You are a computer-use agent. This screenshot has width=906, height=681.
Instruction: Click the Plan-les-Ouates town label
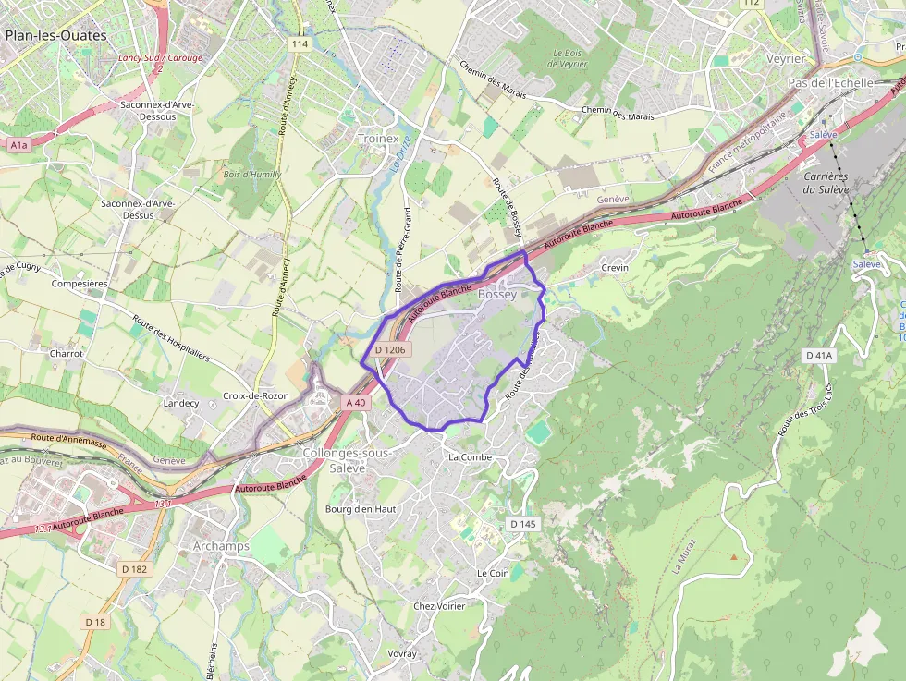[x=55, y=36]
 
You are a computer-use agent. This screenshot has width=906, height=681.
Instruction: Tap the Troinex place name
[x=376, y=138]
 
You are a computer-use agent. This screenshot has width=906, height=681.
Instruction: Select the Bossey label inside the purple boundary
[x=497, y=295]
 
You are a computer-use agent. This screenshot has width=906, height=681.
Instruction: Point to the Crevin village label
[x=615, y=268]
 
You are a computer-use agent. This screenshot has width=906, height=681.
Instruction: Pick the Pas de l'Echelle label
[x=829, y=82]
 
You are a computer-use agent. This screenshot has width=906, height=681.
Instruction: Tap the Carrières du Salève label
[x=826, y=183]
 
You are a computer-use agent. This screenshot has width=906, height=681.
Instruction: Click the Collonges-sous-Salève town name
[x=347, y=460]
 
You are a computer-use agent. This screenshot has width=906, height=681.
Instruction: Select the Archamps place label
[x=221, y=546]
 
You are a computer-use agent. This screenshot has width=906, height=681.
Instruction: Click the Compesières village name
[x=80, y=284]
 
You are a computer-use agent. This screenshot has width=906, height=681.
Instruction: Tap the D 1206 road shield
[x=390, y=350]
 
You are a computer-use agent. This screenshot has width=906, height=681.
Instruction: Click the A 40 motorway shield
[x=356, y=402]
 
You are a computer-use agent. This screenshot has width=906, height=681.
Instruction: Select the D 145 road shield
[x=522, y=524]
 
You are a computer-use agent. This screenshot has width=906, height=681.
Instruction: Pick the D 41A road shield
[x=819, y=355]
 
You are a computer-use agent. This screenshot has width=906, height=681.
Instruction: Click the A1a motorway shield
[x=18, y=145]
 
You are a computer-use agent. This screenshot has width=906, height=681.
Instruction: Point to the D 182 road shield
[x=134, y=569]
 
